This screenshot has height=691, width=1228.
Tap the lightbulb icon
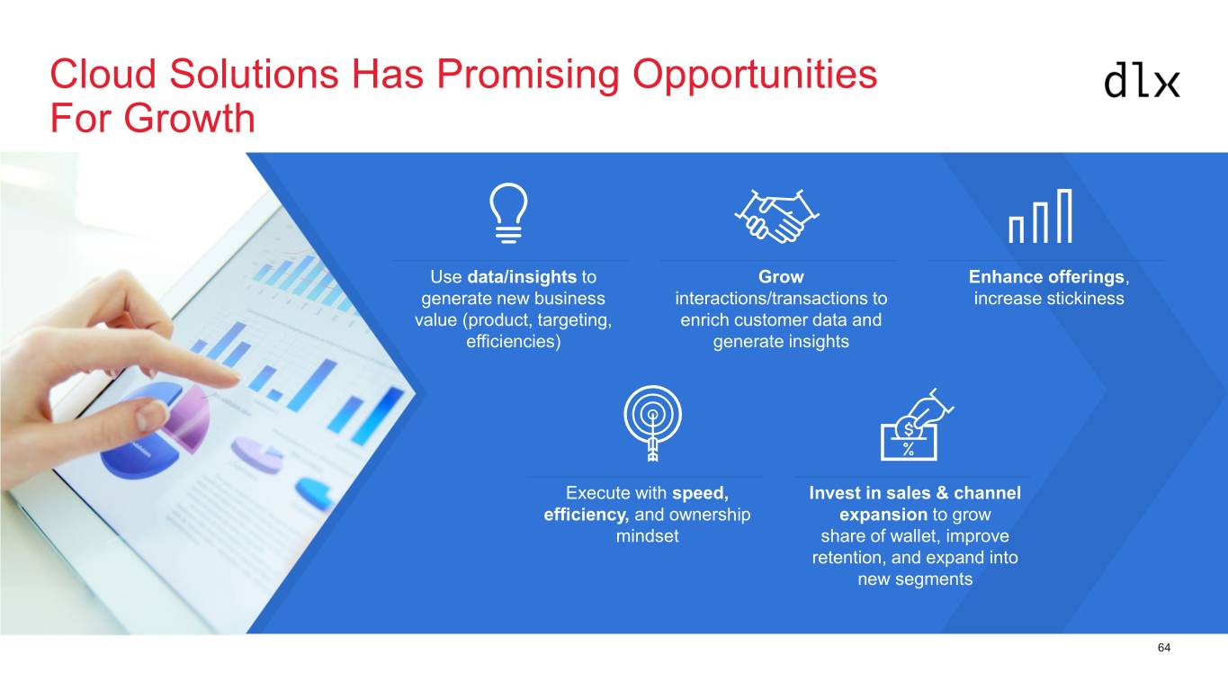(508, 212)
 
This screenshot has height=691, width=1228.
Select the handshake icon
(776, 216)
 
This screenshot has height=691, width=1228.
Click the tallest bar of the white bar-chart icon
(1064, 216)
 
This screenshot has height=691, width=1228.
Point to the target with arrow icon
(652, 423)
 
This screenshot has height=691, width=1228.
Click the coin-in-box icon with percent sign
(917, 425)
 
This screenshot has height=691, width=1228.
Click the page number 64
(1164, 648)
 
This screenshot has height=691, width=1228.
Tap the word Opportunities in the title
(754, 75)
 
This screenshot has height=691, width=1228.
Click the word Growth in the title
(189, 118)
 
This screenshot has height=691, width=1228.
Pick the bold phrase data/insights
(522, 277)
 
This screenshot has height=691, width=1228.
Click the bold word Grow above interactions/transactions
(781, 277)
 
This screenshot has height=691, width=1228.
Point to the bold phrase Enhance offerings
(1046, 277)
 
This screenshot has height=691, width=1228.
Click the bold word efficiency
(586, 515)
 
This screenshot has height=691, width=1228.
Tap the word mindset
(648, 536)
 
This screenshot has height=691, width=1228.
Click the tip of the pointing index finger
(237, 379)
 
